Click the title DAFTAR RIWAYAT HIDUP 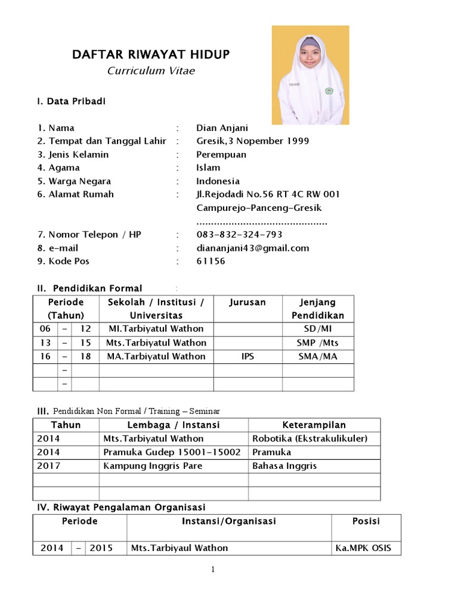pyautogui.click(x=150, y=55)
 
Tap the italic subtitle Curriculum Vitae pyautogui.click(x=151, y=71)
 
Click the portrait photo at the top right pyautogui.click(x=311, y=75)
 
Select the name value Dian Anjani pyautogui.click(x=222, y=128)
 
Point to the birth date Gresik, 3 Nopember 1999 pyautogui.click(x=252, y=141)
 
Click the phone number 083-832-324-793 pyautogui.click(x=239, y=235)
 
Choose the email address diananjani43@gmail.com pyautogui.click(x=252, y=248)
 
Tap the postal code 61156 pyautogui.click(x=211, y=262)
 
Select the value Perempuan pyautogui.click(x=221, y=155)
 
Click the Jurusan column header pyautogui.click(x=247, y=303)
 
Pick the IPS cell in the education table pyautogui.click(x=247, y=356)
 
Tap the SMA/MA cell pyautogui.click(x=317, y=356)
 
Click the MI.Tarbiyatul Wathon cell pyautogui.click(x=156, y=329)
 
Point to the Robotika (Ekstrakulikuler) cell pyautogui.click(x=310, y=439)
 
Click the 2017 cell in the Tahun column pyautogui.click(x=48, y=466)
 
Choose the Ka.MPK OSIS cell pyautogui.click(x=363, y=548)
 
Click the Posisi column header pyautogui.click(x=366, y=521)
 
